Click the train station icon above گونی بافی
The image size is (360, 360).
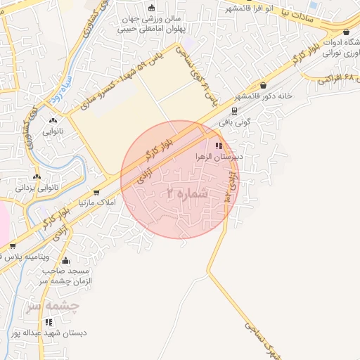tap(233, 110)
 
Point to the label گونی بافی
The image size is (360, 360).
tap(234, 121)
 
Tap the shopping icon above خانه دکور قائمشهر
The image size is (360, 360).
tap(264, 86)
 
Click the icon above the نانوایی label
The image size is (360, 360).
tap(54, 120)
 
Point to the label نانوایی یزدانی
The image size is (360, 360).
tap(34, 188)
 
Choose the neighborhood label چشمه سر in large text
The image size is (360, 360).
tap(50, 307)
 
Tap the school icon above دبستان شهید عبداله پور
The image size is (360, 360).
tap(49, 322)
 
